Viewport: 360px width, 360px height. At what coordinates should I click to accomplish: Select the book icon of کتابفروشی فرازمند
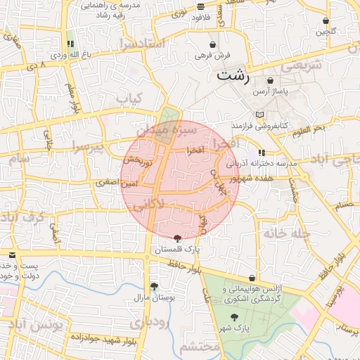[259, 114]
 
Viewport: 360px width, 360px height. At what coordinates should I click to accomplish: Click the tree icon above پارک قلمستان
[176, 238]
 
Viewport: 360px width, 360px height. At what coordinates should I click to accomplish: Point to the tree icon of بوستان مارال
[153, 286]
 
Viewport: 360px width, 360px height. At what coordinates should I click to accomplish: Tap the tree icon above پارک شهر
[235, 317]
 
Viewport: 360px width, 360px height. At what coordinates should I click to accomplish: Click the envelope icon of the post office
[12, 255]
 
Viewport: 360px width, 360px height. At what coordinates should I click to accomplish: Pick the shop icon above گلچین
[326, 20]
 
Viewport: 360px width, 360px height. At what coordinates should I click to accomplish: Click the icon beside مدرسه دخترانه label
[262, 152]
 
